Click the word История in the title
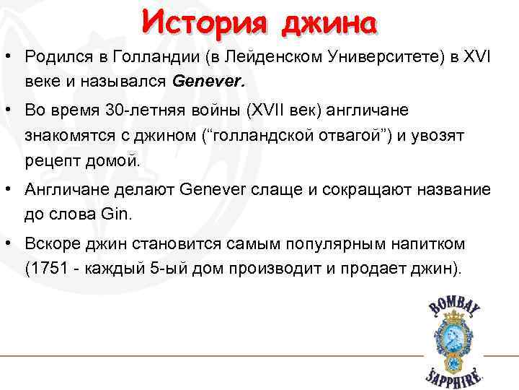(203, 22)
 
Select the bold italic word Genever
(209, 82)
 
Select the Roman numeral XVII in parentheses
(268, 110)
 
